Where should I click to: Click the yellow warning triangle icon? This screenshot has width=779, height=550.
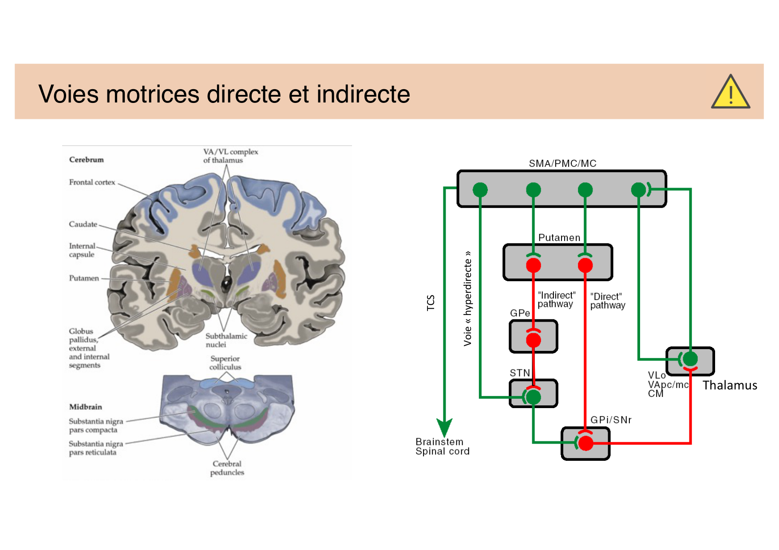[730, 93]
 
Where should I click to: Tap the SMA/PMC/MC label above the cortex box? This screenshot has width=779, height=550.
[562, 163]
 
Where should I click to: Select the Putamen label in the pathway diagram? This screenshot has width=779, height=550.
[559, 238]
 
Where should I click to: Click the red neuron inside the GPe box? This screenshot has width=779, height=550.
[534, 340]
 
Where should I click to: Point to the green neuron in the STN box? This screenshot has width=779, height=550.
[533, 397]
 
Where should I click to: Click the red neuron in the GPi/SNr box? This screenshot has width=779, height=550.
[586, 443]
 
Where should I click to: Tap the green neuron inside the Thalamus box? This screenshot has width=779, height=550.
[690, 358]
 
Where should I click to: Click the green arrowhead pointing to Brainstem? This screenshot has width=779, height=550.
[444, 427]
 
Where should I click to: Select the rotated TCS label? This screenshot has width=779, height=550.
[431, 302]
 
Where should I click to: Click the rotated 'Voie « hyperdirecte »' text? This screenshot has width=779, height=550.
[468, 299]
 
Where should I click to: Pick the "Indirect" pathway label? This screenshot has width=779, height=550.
[556, 300]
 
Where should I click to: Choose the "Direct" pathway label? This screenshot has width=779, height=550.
[607, 301]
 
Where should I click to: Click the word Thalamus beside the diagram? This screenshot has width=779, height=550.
[730, 385]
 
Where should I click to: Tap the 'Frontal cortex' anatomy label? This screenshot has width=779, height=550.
[92, 182]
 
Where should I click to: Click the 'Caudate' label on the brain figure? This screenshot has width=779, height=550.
[83, 224]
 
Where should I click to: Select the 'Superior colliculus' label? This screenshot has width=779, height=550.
[225, 363]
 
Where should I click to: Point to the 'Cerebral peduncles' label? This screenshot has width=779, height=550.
[227, 468]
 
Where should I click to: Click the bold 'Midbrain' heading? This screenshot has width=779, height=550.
[86, 407]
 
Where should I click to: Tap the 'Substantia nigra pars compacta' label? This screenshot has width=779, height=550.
[95, 425]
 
